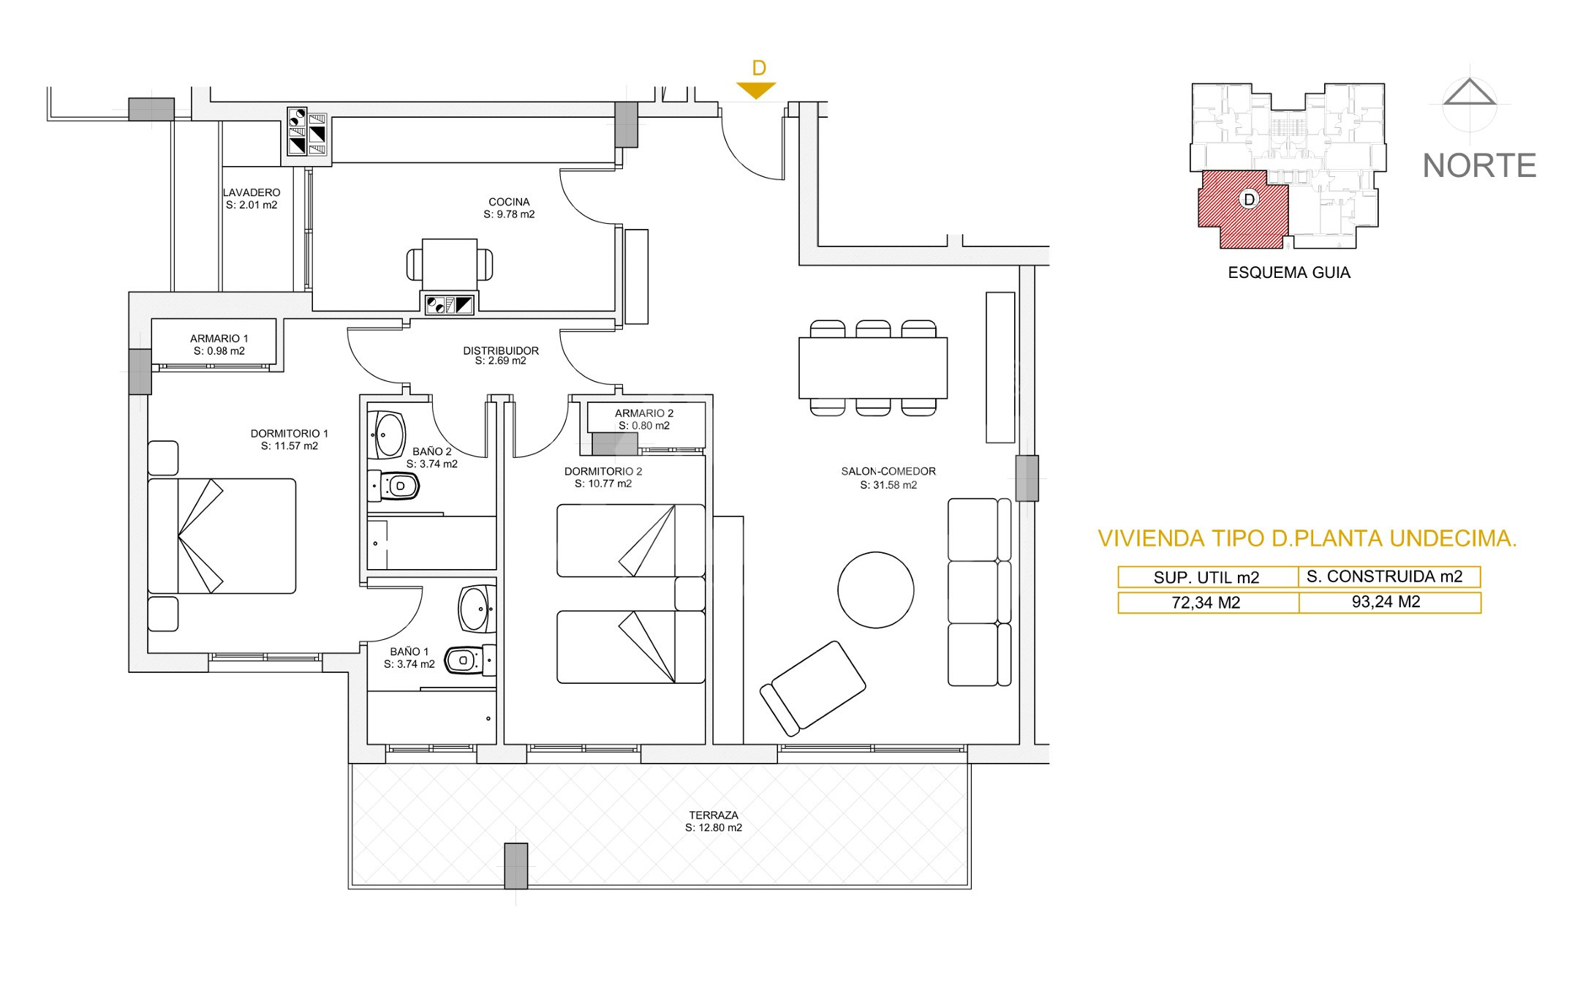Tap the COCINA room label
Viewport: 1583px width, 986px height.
509,202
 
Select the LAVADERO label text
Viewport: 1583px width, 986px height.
252,192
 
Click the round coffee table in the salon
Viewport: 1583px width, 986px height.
875,590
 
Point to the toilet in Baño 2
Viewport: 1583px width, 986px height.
393,486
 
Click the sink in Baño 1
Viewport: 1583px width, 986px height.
477,608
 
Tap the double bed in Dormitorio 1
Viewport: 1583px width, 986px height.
222,536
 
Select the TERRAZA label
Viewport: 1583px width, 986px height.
714,815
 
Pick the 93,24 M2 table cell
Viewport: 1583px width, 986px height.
1389,602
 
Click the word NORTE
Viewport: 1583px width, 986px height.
1479,166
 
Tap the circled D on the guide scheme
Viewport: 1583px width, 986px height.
1249,199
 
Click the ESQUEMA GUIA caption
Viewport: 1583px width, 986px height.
1289,273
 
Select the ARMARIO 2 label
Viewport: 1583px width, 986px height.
644,413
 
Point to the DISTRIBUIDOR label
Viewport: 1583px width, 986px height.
501,350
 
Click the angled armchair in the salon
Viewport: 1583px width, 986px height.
812,688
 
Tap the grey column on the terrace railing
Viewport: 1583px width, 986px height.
516,865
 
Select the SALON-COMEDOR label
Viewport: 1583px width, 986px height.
888,472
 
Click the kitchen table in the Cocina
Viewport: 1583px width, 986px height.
450,264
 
